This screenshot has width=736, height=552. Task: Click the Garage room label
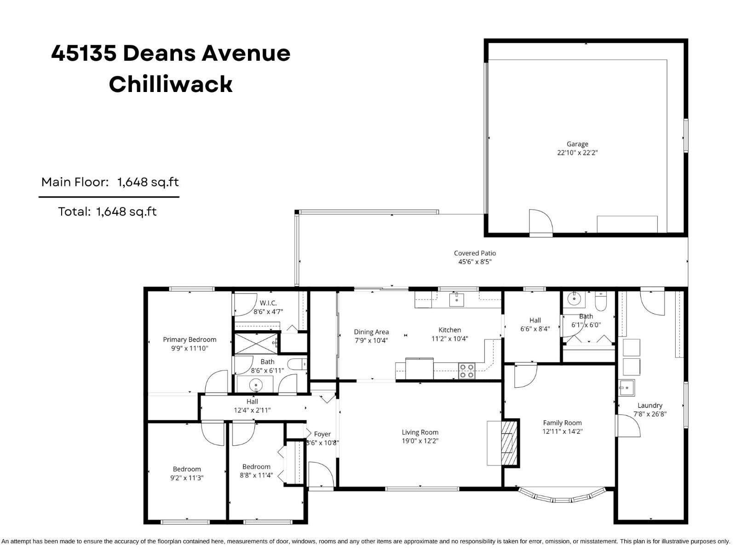pyautogui.click(x=577, y=144)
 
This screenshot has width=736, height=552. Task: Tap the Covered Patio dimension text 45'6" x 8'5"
pyautogui.click(x=475, y=262)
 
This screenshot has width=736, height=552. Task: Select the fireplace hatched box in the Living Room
pyautogui.click(x=507, y=443)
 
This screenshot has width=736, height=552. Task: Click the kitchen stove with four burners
pyautogui.click(x=466, y=371)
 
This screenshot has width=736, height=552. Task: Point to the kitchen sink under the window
pyautogui.click(x=456, y=300)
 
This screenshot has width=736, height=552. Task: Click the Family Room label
pyautogui.click(x=562, y=423)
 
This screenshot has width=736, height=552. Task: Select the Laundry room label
pyautogui.click(x=650, y=405)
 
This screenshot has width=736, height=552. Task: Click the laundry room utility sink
pyautogui.click(x=626, y=388)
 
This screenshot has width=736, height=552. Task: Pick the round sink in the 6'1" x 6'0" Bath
pyautogui.click(x=574, y=299)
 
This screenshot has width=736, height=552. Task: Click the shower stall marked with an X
pyautogui.click(x=256, y=343)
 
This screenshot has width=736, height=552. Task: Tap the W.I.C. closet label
pyautogui.click(x=268, y=303)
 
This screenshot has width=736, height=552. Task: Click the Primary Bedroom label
pyautogui.click(x=190, y=339)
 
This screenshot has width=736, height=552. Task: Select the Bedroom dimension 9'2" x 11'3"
pyautogui.click(x=187, y=478)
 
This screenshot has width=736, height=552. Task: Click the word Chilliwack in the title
pyautogui.click(x=171, y=84)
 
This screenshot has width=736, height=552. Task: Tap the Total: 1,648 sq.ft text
pyautogui.click(x=107, y=212)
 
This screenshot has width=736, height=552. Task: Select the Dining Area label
pyautogui.click(x=371, y=332)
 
